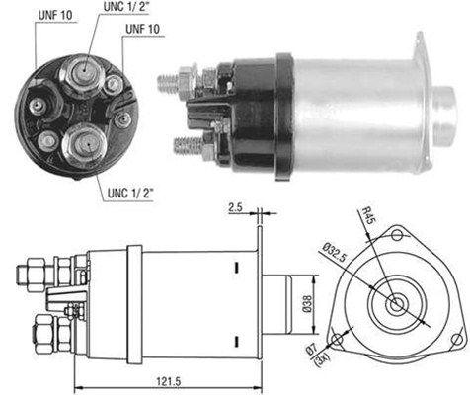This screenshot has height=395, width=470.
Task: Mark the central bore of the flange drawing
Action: pos(397,302)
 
